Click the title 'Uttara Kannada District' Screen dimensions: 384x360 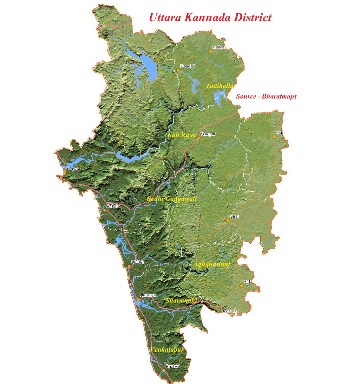coord(210,17)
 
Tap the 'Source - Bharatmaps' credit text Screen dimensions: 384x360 coord(266,96)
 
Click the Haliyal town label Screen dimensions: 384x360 coord(219,47)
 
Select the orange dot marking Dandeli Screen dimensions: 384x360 coord(178,70)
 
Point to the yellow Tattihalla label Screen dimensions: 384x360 coord(219,86)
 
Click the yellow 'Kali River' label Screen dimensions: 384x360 coord(182,135)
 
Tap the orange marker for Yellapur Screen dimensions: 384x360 coord(199,138)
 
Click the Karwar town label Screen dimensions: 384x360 coord(74,169)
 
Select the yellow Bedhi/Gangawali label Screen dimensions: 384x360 coord(172,199)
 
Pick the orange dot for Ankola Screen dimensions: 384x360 coord(104,210)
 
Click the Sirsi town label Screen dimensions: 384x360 coord(234,216)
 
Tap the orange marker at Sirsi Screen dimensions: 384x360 coord(228,221)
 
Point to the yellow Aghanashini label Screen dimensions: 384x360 coord(212,264)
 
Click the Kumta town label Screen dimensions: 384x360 coord(137,262)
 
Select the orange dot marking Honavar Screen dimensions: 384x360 coord(138,299)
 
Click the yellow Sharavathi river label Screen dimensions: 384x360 coord(181,300)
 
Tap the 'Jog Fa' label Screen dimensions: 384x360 coord(228,311)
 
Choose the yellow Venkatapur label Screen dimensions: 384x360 coord(167,350)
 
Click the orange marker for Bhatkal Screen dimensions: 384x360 coord(164,370)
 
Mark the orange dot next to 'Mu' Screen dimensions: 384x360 coord(274,137)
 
